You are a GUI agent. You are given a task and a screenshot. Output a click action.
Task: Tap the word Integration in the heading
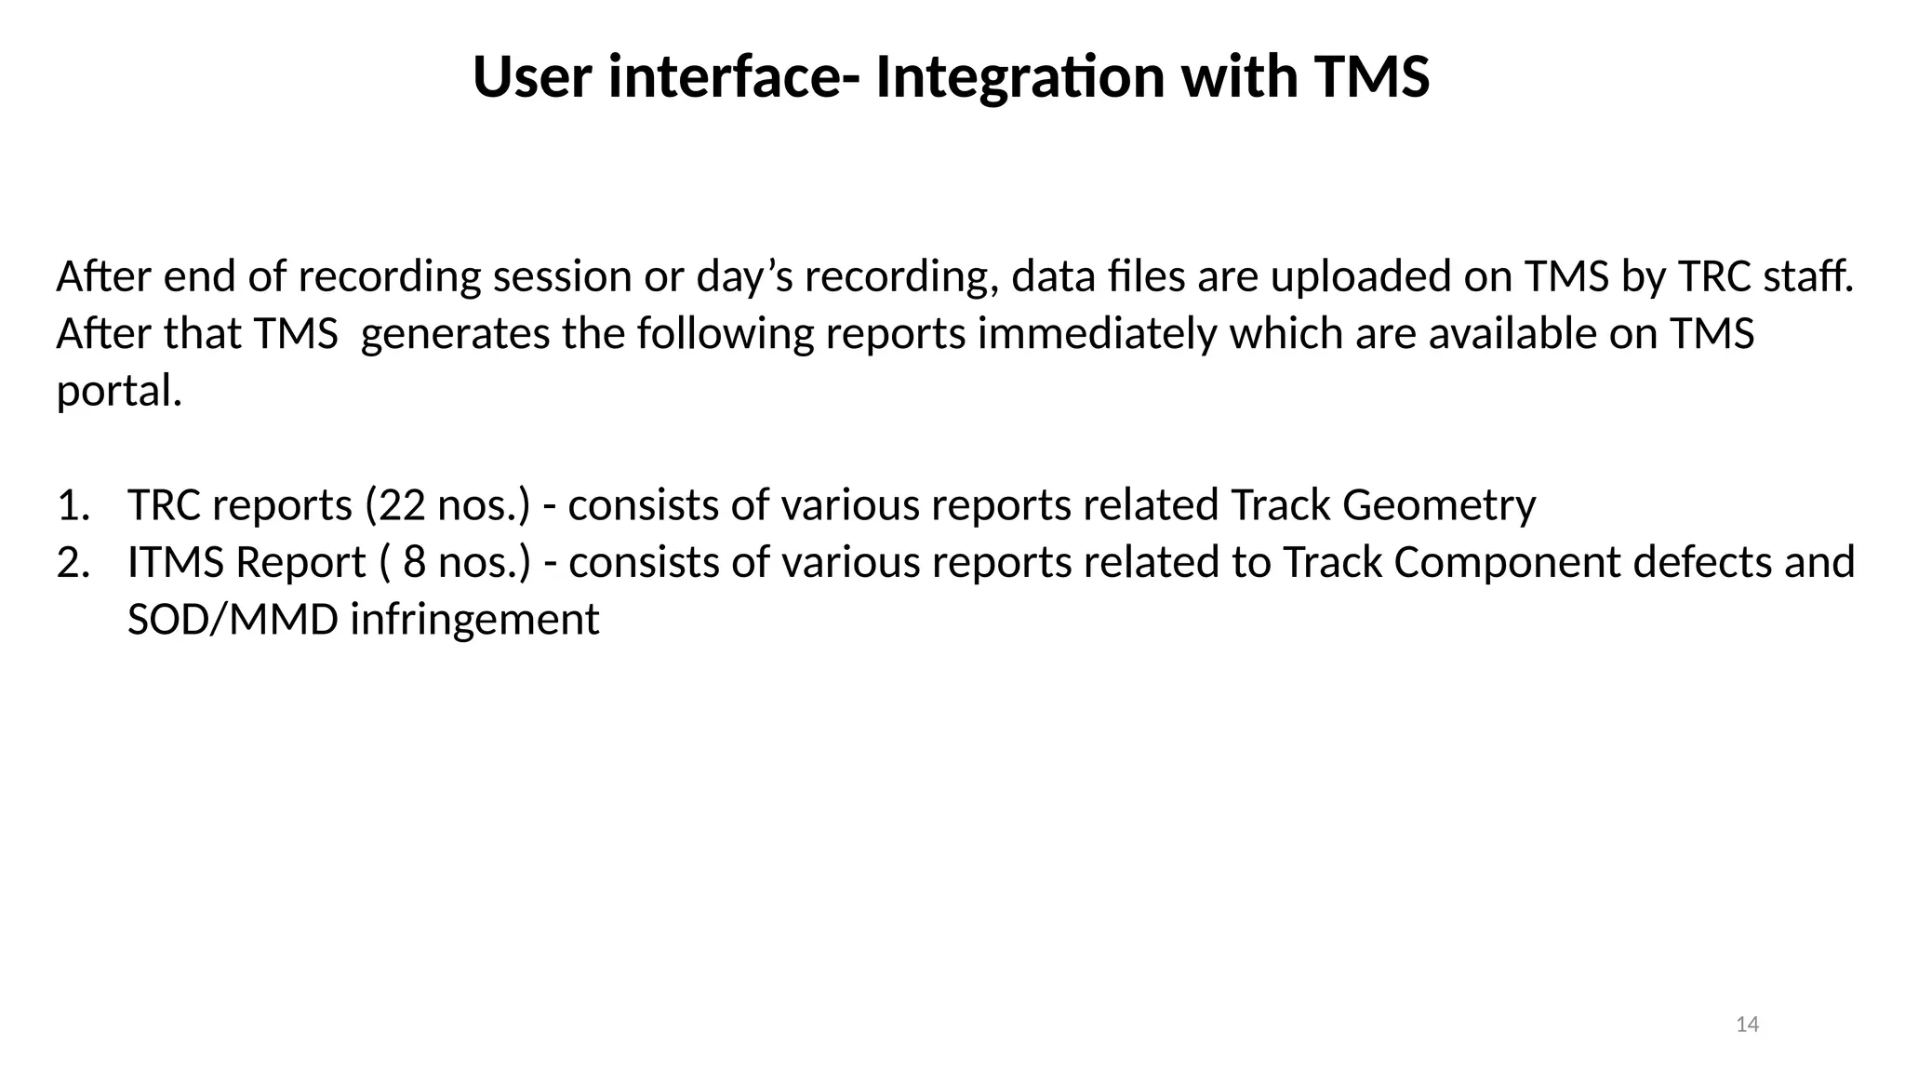click(x=1019, y=78)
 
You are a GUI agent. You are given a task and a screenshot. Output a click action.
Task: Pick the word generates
click(x=455, y=335)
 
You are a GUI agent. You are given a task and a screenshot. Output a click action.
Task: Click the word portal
click(x=118, y=391)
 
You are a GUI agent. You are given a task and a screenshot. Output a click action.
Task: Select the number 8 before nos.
click(x=414, y=563)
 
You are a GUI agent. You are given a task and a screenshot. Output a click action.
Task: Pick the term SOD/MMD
click(x=233, y=620)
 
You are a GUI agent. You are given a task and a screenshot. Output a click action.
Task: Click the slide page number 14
click(x=1747, y=1025)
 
